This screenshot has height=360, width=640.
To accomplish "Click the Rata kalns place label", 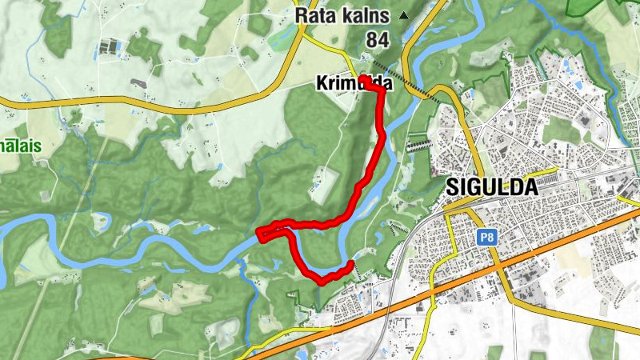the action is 342,15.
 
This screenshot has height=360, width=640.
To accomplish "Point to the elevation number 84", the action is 377,39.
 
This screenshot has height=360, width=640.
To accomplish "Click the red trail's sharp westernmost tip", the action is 258,233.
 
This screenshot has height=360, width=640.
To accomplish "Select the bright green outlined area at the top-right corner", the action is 592,6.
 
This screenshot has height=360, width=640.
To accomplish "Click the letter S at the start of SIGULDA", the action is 450,186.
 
